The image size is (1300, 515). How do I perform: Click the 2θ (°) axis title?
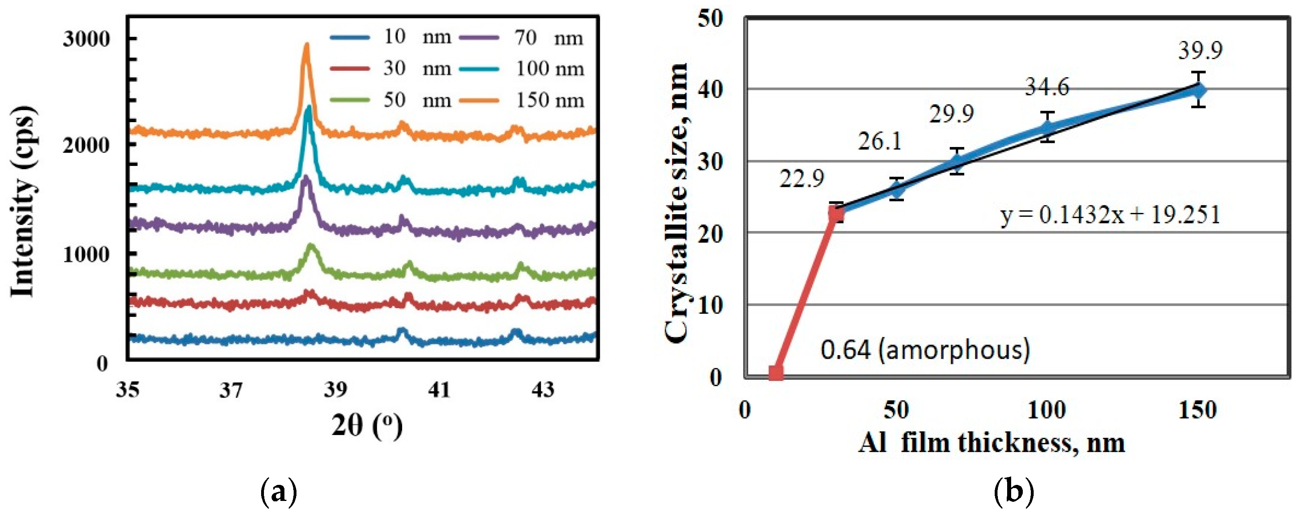367,426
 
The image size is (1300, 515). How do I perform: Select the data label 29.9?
951,114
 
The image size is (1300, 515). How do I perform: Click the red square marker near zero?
776,373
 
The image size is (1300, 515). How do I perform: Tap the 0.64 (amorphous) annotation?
925,349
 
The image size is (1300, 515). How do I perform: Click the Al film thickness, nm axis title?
991,443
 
